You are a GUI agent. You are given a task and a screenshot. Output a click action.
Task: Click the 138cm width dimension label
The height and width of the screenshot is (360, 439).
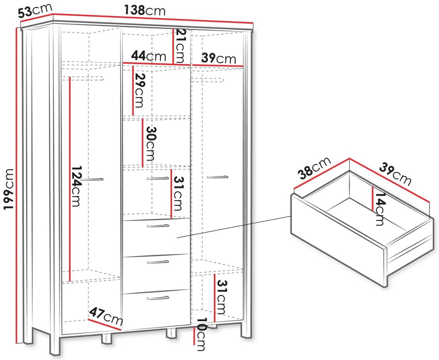145,10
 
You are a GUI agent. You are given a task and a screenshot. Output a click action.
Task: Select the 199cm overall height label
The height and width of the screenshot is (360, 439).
8,189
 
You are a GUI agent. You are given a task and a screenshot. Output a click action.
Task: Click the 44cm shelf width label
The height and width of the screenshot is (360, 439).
148,56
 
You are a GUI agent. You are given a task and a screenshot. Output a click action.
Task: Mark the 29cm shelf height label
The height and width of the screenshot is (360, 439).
139,90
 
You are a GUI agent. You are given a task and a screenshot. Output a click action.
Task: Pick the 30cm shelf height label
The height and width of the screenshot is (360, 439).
151,143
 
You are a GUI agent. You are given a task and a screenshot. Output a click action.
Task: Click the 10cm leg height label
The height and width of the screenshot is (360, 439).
201,334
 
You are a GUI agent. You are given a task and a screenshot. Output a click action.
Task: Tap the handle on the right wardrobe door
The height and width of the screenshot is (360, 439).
217,177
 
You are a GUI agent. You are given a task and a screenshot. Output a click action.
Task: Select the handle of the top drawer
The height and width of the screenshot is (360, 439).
158,226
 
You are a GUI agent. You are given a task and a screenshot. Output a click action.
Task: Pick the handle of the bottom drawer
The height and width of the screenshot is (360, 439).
158,298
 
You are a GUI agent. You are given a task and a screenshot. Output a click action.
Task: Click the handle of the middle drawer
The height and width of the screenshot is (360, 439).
158,262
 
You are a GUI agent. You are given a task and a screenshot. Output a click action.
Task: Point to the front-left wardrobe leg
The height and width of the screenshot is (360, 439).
55,345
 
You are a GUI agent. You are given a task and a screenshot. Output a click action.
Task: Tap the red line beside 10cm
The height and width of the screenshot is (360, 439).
194,336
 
